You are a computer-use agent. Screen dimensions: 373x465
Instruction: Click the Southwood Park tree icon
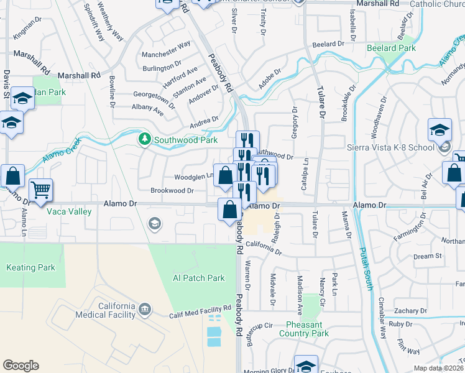[x=145, y=139]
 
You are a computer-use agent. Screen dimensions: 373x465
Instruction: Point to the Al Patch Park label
[x=198, y=278]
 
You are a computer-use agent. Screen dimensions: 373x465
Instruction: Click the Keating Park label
[x=30, y=268]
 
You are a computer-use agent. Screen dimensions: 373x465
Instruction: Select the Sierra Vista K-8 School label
[x=390, y=149]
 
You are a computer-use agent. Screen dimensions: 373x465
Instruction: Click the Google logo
[x=21, y=366]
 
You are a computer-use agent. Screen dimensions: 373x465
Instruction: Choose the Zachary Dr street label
[x=410, y=310]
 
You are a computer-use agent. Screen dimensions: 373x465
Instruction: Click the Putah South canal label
[x=364, y=268]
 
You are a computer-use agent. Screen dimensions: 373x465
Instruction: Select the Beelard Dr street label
[x=328, y=44]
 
